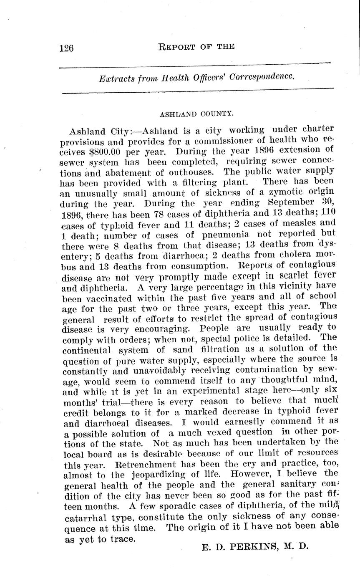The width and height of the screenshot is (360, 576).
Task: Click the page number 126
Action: click(66, 48)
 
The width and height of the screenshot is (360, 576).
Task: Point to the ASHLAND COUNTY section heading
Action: click(196, 113)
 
